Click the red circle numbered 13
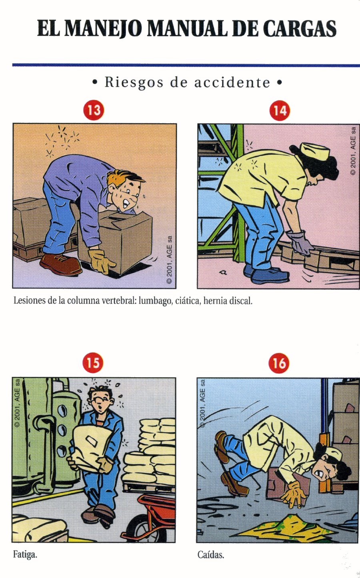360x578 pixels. point(94,110)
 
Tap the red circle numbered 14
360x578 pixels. point(280,110)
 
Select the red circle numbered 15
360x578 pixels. point(93,363)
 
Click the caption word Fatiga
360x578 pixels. point(25,555)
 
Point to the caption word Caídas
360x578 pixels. point(211,555)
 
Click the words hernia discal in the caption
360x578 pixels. point(228,300)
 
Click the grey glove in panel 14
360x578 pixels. point(300,242)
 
